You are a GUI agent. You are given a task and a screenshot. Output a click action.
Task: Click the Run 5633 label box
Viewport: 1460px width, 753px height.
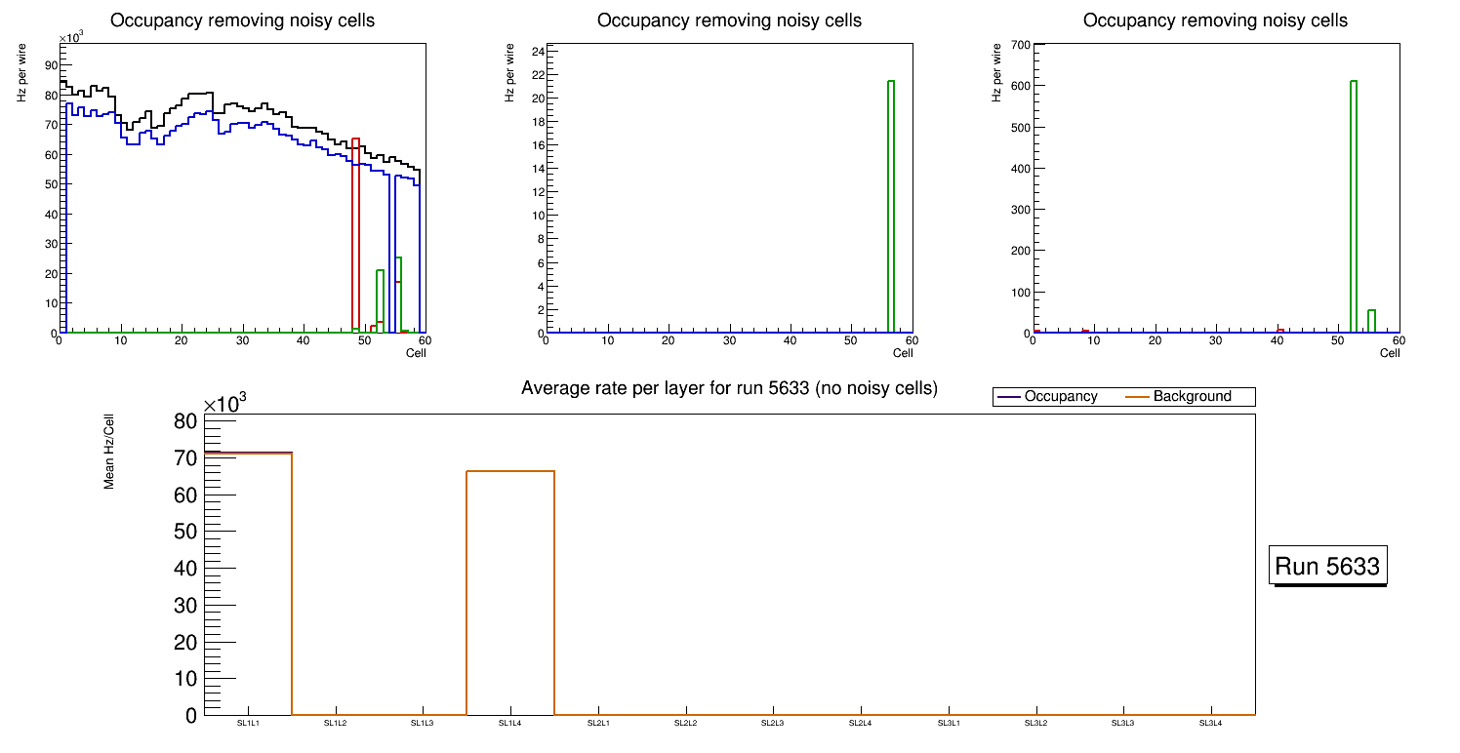[x=1327, y=566]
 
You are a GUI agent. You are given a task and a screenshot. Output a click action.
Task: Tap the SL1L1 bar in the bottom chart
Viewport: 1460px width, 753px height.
[x=248, y=585]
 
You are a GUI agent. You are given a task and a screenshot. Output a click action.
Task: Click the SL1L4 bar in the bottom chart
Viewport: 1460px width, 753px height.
[x=510, y=595]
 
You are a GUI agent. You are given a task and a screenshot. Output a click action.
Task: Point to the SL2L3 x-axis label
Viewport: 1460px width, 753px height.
[x=773, y=723]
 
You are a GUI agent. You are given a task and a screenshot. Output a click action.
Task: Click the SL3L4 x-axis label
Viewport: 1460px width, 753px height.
[x=1211, y=723]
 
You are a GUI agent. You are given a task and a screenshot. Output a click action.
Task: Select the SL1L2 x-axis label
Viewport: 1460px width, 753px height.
[x=336, y=723]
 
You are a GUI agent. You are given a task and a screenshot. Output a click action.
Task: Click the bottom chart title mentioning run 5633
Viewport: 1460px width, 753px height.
[x=729, y=388]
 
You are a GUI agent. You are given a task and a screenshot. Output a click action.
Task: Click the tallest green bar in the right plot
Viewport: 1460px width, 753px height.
[x=1354, y=207]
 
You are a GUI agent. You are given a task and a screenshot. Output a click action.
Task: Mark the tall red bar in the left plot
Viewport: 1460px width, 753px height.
[x=355, y=234]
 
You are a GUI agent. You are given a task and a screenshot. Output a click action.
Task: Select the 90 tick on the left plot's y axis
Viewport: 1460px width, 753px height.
[x=50, y=64]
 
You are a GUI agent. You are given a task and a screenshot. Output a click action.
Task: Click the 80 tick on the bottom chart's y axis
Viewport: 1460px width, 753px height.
[x=185, y=421]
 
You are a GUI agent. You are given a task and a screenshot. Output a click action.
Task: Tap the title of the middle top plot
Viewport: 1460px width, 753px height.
[x=729, y=20]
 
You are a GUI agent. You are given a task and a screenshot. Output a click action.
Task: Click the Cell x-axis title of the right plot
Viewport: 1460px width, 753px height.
[x=1390, y=353]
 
